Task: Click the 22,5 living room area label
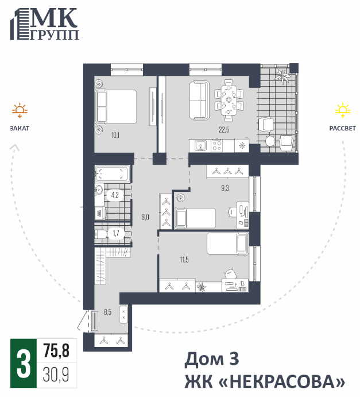[x=224, y=130]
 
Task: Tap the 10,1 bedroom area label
[x=115, y=135]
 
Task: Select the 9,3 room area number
[x=225, y=188]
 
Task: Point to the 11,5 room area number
[x=184, y=260]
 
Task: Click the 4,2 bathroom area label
[x=115, y=195]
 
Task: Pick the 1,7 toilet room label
[x=116, y=233]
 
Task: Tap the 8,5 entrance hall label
[x=107, y=312]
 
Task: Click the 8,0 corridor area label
[x=145, y=217]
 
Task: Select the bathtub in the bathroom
[x=113, y=174]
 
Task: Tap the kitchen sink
[x=200, y=146]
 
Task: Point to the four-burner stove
[x=217, y=146]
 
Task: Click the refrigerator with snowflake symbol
[x=242, y=145]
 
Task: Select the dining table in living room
[x=229, y=100]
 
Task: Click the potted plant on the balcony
[x=282, y=75]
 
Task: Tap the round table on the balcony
[x=270, y=141]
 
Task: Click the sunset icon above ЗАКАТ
[x=20, y=110]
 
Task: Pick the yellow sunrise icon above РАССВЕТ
[x=343, y=110]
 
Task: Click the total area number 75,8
[x=56, y=350]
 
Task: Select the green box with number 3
[x=24, y=363]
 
